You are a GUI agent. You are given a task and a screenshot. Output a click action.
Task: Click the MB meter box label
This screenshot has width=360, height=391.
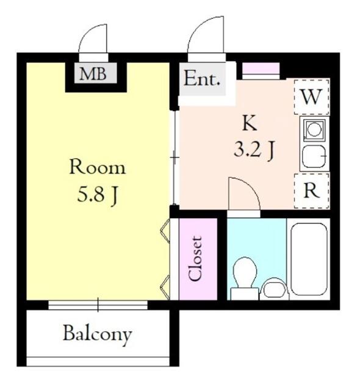click(x=93, y=74)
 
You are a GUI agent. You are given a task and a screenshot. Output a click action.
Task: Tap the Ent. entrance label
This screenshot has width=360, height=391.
click(x=202, y=79)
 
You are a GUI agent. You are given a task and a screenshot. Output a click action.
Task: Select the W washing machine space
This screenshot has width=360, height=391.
click(x=311, y=97)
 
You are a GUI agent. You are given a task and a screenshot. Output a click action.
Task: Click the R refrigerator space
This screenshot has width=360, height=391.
click(x=312, y=191)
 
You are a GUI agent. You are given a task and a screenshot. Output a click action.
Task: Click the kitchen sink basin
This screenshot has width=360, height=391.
click(x=314, y=156)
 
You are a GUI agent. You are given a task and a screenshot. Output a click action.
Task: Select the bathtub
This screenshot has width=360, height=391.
click(x=309, y=259)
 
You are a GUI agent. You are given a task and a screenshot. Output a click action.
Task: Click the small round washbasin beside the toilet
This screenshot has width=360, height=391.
click(x=274, y=289)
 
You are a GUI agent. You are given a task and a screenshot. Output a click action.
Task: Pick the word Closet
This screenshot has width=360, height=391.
click(x=195, y=259)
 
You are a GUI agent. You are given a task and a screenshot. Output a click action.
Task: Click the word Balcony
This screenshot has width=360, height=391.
click(x=98, y=334)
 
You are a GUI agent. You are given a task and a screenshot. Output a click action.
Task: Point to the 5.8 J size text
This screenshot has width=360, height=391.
click(x=98, y=195)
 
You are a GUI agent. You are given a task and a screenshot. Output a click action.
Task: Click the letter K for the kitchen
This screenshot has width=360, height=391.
click(x=250, y=123)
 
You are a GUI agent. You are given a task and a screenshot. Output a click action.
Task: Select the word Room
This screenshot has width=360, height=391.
click(x=98, y=167)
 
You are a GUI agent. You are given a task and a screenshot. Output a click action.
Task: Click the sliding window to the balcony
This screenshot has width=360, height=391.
click(x=98, y=305)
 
